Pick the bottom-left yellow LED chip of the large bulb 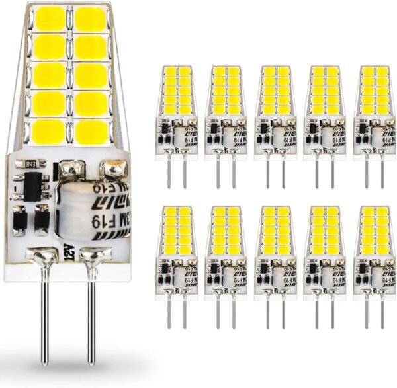[x=48, y=131]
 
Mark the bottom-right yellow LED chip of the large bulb [x=90, y=131]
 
